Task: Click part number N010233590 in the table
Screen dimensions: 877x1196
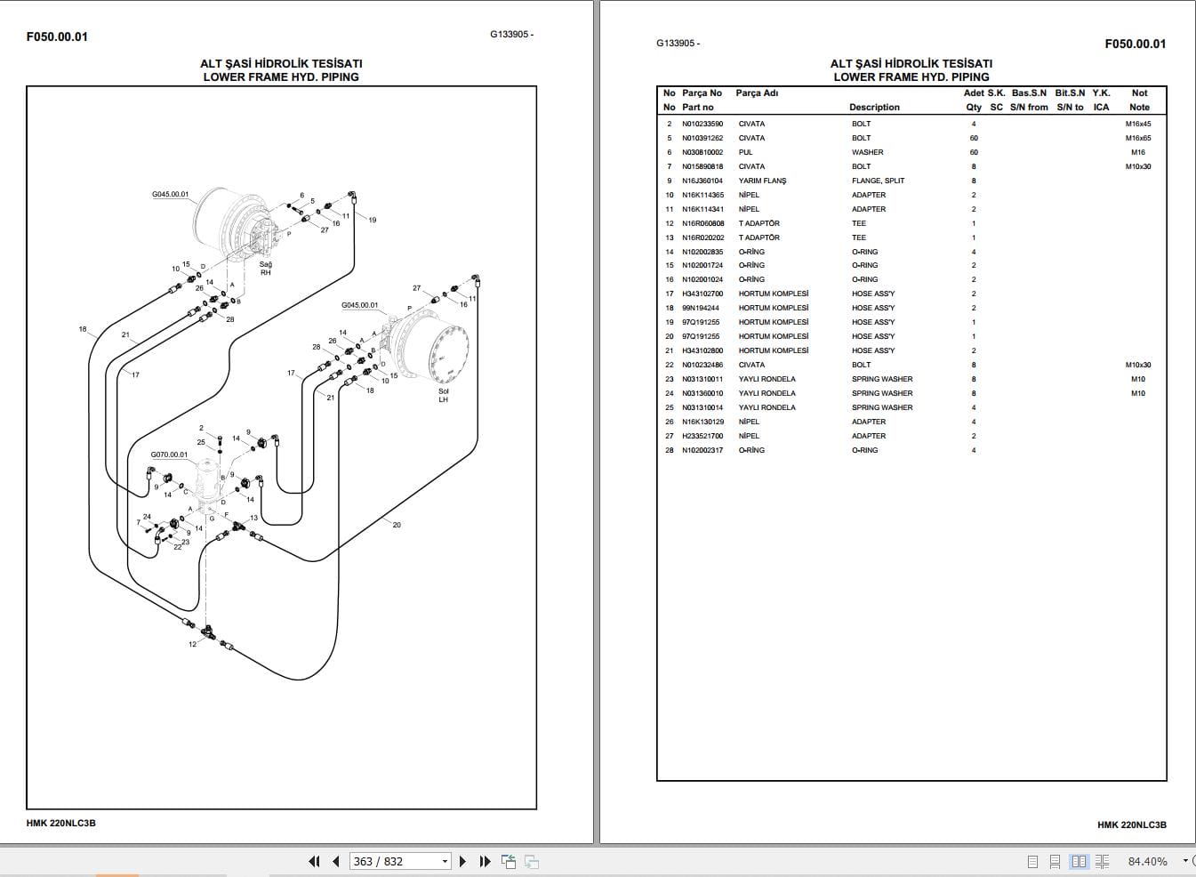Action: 702,125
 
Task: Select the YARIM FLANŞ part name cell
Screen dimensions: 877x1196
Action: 762,181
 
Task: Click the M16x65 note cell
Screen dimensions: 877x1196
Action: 1137,139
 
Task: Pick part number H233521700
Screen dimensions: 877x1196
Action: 702,436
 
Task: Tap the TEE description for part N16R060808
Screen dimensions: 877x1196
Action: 858,223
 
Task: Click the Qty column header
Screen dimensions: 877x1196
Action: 974,108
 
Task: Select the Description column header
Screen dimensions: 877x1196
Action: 874,108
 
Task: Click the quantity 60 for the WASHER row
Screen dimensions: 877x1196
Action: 974,153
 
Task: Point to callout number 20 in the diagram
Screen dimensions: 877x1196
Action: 397,525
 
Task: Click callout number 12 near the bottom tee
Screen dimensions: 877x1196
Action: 192,644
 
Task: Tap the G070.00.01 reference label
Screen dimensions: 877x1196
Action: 169,455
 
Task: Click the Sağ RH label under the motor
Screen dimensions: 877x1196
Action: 265,269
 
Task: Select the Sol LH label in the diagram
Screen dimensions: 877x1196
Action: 443,396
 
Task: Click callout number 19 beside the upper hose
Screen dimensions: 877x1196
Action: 372,220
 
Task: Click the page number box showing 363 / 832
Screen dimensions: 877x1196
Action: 400,861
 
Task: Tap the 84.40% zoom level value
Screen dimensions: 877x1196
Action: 1147,861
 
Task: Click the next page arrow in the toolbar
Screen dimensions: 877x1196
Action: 462,861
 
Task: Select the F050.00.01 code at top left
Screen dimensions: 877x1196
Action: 57,36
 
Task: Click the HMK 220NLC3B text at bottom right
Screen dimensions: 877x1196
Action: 1131,825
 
